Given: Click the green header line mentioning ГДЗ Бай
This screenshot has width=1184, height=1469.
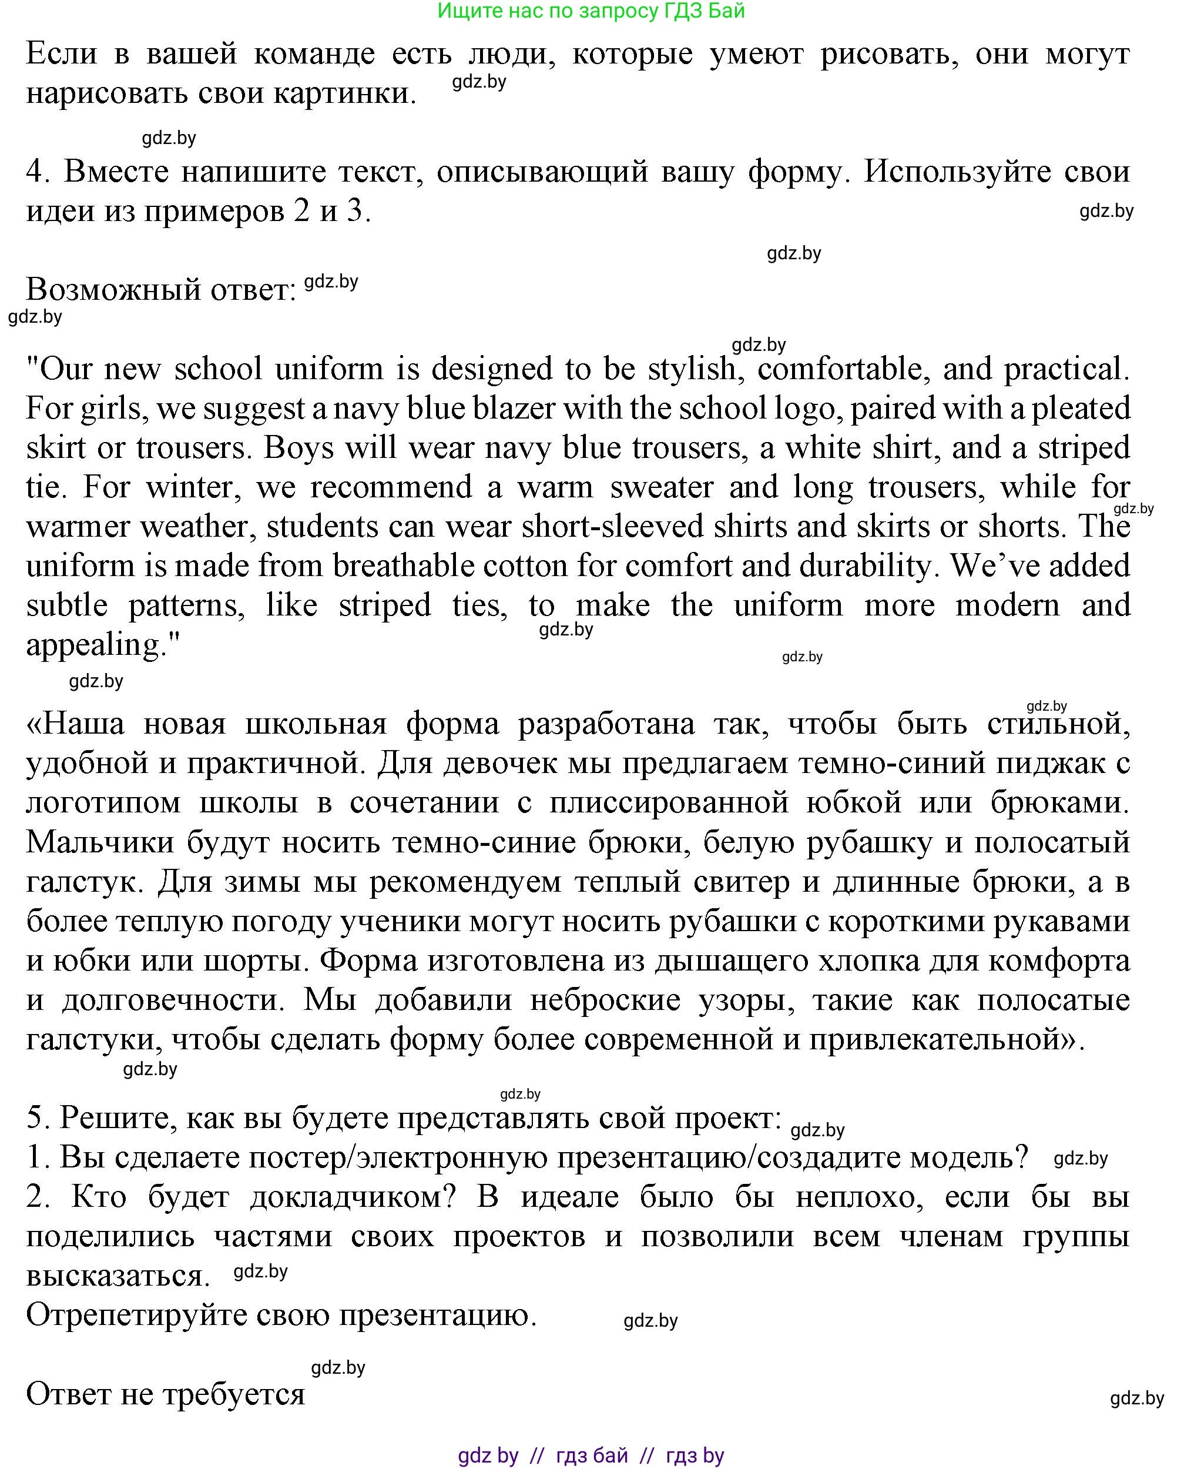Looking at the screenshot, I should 591,11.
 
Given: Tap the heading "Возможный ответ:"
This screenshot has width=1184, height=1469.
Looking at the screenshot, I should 161,290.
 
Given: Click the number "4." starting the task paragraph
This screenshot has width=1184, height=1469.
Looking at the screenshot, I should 39,171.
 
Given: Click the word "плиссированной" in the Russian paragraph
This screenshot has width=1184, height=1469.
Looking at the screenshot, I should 669,803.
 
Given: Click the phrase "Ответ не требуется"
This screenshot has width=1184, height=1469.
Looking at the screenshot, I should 165,1394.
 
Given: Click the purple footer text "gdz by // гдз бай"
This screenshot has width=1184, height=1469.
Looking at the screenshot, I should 591,1455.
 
